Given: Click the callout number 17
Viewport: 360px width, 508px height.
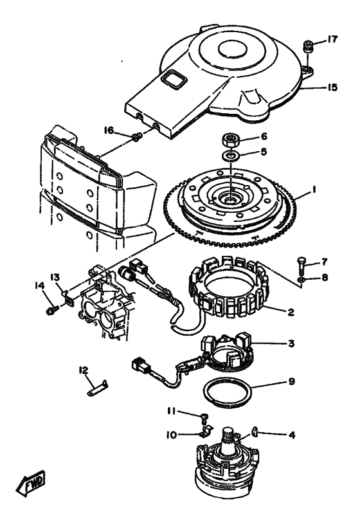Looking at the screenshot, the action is pyautogui.click(x=331, y=39).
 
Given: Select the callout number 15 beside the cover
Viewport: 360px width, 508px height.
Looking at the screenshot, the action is pyautogui.click(x=331, y=87).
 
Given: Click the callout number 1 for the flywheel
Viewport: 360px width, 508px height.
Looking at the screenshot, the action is pyautogui.click(x=313, y=190).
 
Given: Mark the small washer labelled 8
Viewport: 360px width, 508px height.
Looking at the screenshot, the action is pyautogui.click(x=301, y=279).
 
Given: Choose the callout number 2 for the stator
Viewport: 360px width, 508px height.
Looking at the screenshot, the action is pyautogui.click(x=291, y=313).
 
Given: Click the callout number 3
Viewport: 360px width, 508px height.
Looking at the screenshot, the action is pyautogui.click(x=291, y=343).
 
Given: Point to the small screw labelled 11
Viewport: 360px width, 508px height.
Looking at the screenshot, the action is pyautogui.click(x=204, y=417).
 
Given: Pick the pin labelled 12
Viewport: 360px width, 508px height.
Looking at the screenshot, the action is pyautogui.click(x=97, y=388).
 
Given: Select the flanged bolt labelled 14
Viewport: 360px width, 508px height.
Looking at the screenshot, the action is pyautogui.click(x=52, y=311).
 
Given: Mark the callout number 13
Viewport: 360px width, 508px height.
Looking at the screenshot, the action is pyautogui.click(x=55, y=278).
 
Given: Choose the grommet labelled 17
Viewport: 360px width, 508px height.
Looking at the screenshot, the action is pyautogui.click(x=307, y=46).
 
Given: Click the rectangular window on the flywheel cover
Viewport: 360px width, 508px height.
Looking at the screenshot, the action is pyautogui.click(x=174, y=79).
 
